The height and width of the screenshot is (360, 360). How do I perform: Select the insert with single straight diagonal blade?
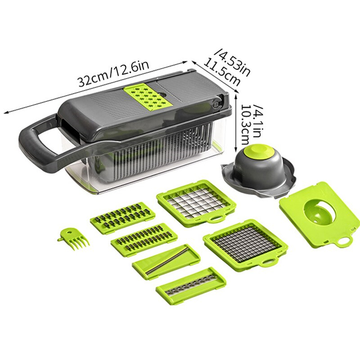click(x=166, y=262)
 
